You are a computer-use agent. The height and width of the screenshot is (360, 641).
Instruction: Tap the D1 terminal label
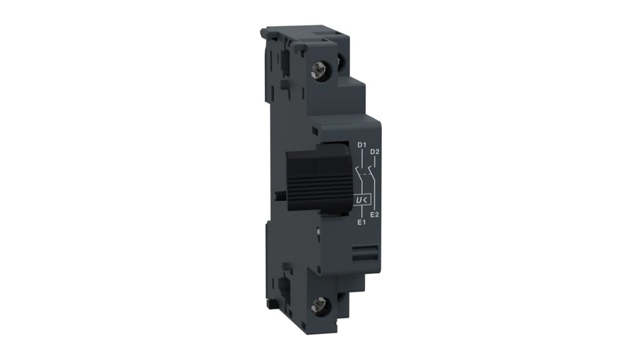pyautogui.click(x=362, y=145)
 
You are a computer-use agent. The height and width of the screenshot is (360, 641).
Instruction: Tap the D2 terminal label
pyautogui.click(x=375, y=152)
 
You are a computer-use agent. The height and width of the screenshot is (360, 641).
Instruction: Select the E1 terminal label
pyautogui.click(x=361, y=222)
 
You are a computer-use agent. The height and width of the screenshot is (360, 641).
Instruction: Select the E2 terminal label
pyautogui.click(x=374, y=214)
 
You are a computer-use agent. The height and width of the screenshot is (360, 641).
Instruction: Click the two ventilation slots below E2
pyautogui.click(x=366, y=252)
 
